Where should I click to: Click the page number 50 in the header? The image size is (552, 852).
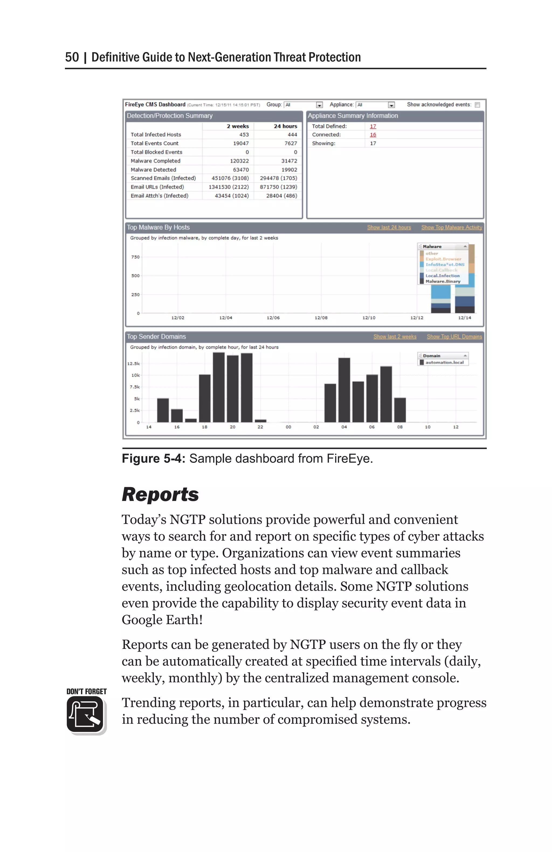click(x=72, y=57)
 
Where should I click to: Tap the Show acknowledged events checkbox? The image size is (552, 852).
click(x=477, y=105)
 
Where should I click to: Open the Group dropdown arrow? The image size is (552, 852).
click(x=319, y=105)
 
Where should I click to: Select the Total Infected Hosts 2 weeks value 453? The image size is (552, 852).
click(x=244, y=135)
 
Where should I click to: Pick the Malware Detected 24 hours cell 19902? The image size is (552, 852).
click(x=289, y=170)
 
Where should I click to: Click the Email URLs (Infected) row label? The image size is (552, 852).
click(x=157, y=187)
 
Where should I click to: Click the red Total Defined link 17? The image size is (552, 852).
click(x=372, y=126)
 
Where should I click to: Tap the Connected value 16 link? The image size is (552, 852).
click(x=372, y=135)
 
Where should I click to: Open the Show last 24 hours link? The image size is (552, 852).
click(x=389, y=227)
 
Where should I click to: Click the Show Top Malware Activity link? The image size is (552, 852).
click(x=451, y=227)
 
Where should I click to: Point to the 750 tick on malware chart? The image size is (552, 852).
click(x=135, y=257)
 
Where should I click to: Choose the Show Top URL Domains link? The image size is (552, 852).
click(x=454, y=337)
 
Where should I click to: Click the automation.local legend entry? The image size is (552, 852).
click(x=444, y=362)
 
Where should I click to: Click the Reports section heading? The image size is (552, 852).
click(x=160, y=495)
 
